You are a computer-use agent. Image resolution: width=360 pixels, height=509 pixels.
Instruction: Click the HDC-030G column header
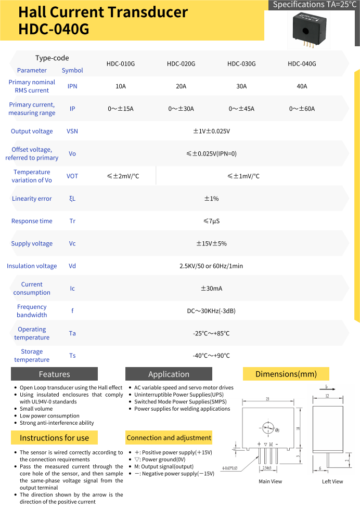coord(241,64)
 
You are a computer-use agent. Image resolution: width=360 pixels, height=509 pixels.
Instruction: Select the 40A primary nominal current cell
coord(302,86)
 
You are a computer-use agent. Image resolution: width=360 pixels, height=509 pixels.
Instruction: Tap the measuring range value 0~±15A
coord(121,109)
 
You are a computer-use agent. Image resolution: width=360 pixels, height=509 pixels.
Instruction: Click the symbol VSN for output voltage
coord(72,131)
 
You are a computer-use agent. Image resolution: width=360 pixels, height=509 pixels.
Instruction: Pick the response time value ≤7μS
coord(211,221)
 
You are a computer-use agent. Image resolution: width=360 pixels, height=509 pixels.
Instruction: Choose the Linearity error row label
coord(32,199)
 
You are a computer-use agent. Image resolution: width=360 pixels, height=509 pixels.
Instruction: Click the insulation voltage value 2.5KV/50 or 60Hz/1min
coord(211,266)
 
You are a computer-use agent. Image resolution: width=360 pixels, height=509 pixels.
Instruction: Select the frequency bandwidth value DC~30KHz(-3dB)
coord(211,311)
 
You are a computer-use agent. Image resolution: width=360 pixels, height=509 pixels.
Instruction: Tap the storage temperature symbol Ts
coord(72,356)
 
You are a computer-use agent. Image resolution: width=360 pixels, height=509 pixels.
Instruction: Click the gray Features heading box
coord(54,374)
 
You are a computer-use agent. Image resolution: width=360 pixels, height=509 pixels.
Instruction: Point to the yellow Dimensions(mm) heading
coord(286,374)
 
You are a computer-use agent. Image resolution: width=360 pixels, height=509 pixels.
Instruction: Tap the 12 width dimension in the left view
coord(327,396)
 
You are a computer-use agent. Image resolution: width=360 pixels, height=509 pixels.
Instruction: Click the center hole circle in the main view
coord(268,429)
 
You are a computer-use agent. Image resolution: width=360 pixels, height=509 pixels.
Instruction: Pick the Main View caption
coord(271,481)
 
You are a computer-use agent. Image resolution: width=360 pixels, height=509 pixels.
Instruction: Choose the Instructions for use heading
coord(54,438)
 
